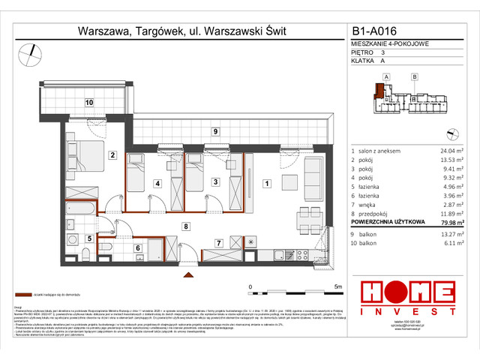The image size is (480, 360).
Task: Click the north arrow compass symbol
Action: [x=31, y=52]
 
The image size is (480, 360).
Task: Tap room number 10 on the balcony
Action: [x=88, y=102]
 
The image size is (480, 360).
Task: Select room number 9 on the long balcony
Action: [x=215, y=132]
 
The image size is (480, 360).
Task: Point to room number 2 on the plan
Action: [x=111, y=155]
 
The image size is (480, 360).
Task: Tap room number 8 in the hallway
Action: [x=184, y=225]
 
